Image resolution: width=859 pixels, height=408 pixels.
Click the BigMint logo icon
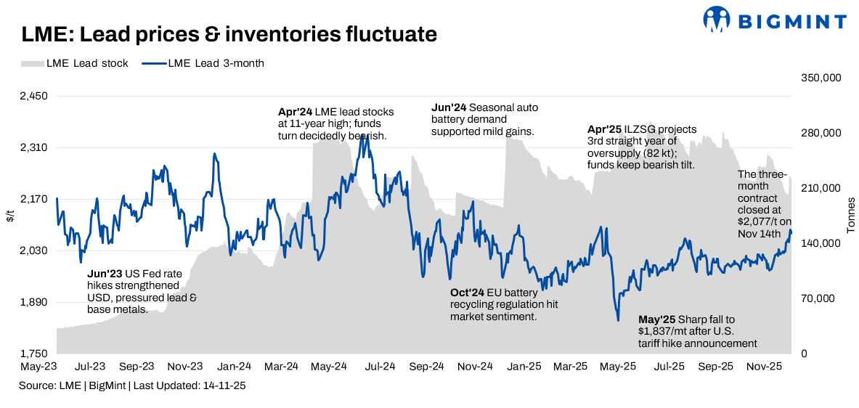coord(717,20)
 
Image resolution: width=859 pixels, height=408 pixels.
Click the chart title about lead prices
coord(229,34)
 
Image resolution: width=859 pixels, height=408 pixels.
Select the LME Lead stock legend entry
coord(76,63)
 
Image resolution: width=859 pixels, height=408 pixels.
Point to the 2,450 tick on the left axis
coord(33,96)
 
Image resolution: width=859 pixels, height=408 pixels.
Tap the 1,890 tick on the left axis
coord(33,303)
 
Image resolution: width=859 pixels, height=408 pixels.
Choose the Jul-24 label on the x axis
coord(377,367)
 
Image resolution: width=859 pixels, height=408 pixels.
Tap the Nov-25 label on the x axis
coord(764,367)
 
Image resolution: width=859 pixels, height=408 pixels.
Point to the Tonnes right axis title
coord(850,215)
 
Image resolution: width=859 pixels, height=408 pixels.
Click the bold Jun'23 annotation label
coord(104,275)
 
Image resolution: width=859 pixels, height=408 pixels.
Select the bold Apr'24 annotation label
coord(295,113)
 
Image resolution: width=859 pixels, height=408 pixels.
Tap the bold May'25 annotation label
coord(656,319)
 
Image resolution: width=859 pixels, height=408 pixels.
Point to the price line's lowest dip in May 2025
coord(618,320)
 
